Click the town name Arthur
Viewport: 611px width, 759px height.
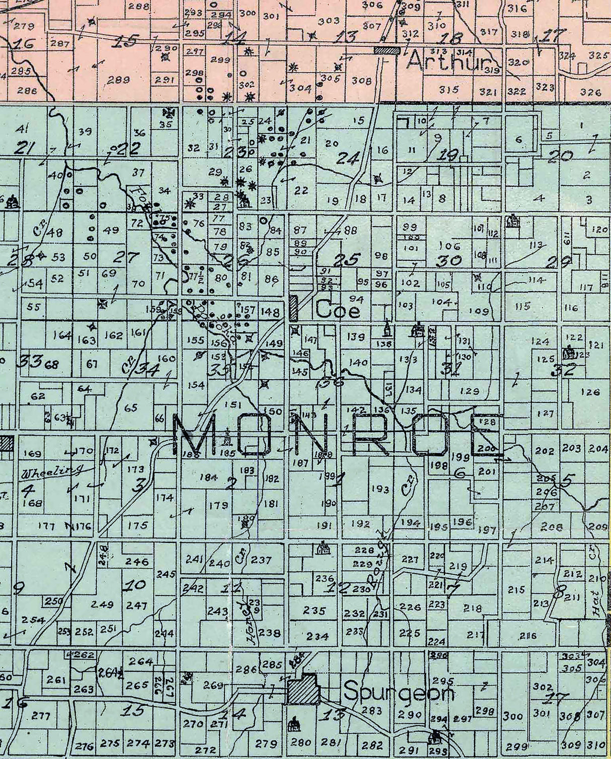pos(447,62)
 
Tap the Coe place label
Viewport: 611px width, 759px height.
pos(338,310)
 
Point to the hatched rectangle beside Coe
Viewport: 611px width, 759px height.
pos(294,308)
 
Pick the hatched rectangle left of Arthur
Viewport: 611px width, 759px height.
pos(388,50)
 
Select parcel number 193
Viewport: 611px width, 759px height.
pos(380,489)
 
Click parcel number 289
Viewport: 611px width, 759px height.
pos(119,80)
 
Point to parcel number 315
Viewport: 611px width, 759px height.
pos(448,90)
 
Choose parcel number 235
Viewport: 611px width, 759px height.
pos(315,610)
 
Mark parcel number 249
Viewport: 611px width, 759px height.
pos(103,604)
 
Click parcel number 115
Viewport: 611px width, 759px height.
pos(522,306)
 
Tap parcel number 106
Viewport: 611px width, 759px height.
pos(449,246)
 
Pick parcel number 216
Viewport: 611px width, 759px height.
pos(528,636)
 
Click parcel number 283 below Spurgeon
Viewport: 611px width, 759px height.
pos(372,711)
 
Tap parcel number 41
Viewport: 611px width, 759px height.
pos(21,128)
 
